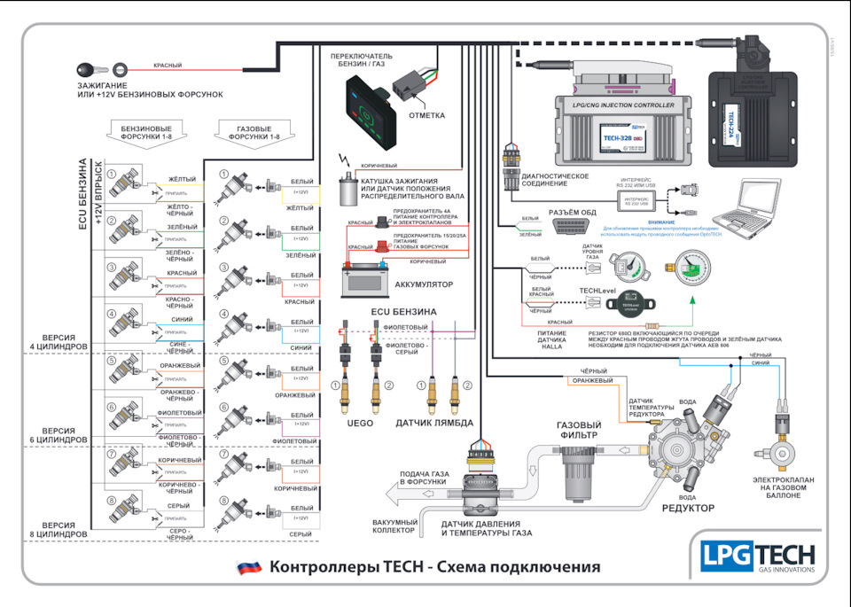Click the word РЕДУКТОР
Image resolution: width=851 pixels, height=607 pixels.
[x=687, y=508]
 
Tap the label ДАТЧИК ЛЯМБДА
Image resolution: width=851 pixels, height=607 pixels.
[x=434, y=424]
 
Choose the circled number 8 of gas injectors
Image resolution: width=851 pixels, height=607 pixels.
[x=224, y=501]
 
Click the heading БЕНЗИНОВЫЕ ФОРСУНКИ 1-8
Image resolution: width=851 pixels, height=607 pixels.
[x=152, y=133]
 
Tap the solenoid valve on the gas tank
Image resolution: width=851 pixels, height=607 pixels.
[x=781, y=439]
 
